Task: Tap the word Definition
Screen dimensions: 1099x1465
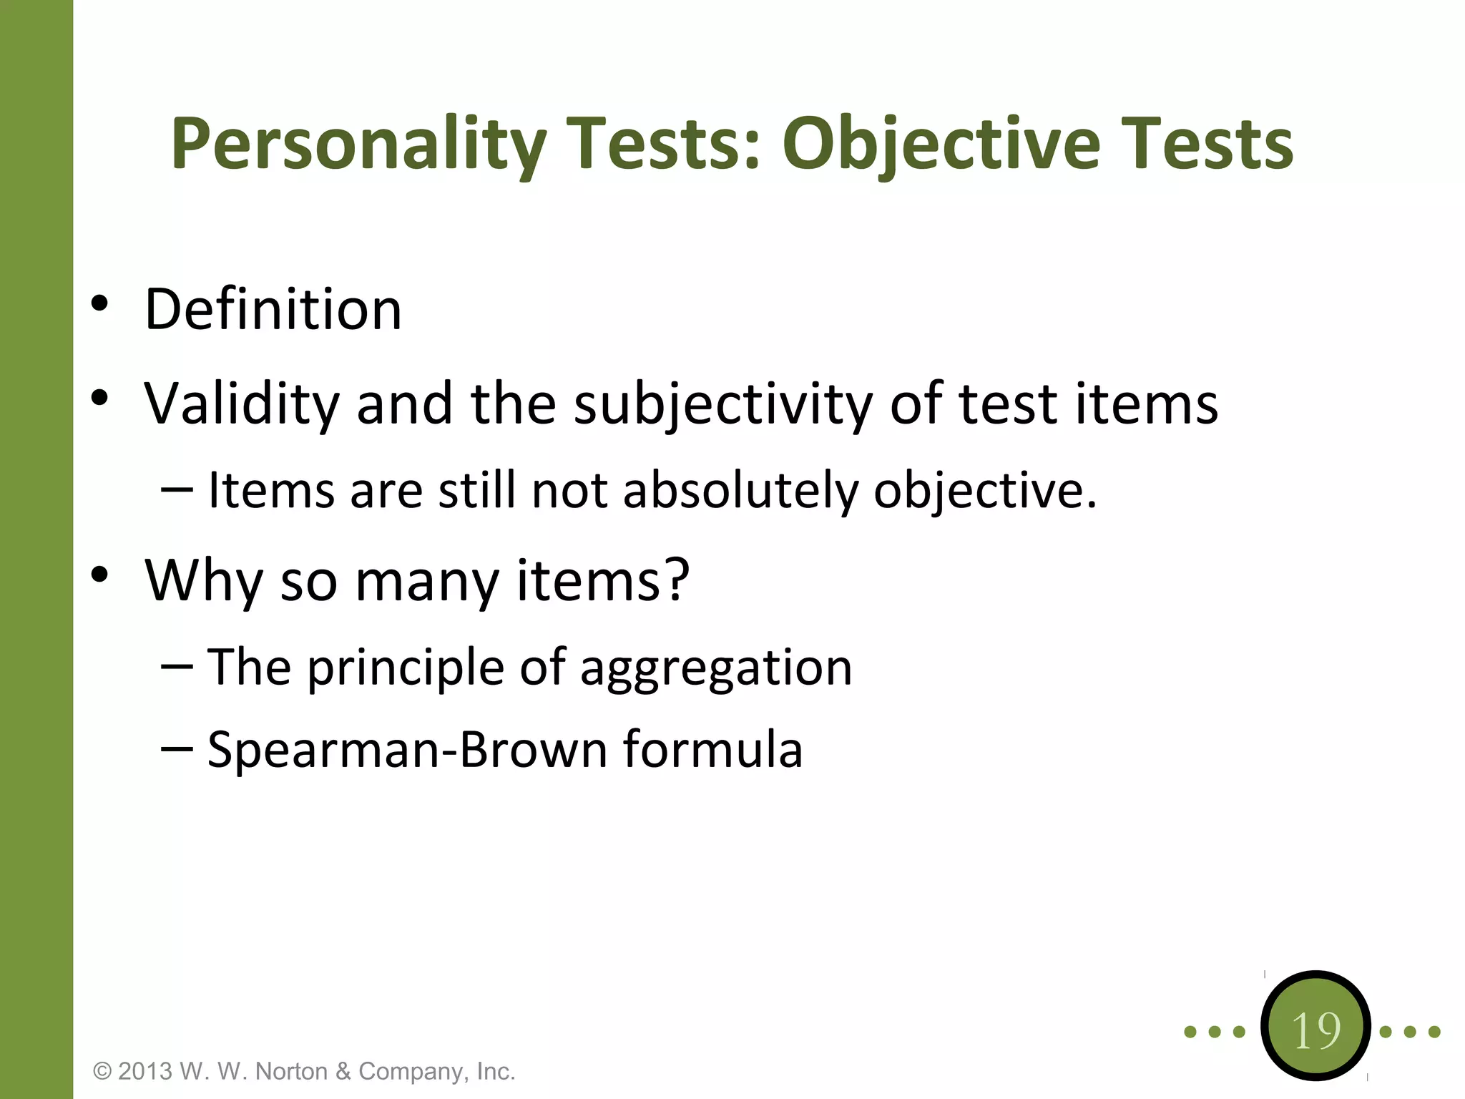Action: pos(273,309)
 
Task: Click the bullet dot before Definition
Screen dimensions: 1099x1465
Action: pos(99,303)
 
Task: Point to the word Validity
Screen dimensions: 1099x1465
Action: pos(242,404)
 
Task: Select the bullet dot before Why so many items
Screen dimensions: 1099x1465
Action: pos(99,574)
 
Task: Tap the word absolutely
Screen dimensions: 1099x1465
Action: pos(740,491)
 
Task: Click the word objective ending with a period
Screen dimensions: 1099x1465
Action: pos(984,492)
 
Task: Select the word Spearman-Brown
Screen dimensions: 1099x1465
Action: pos(407,750)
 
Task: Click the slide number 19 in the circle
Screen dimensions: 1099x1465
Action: pos(1315,1031)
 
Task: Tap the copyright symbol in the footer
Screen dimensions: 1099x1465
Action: pos(102,1072)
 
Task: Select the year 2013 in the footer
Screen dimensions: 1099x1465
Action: pos(145,1072)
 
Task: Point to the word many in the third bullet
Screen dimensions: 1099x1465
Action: pos(426,580)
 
